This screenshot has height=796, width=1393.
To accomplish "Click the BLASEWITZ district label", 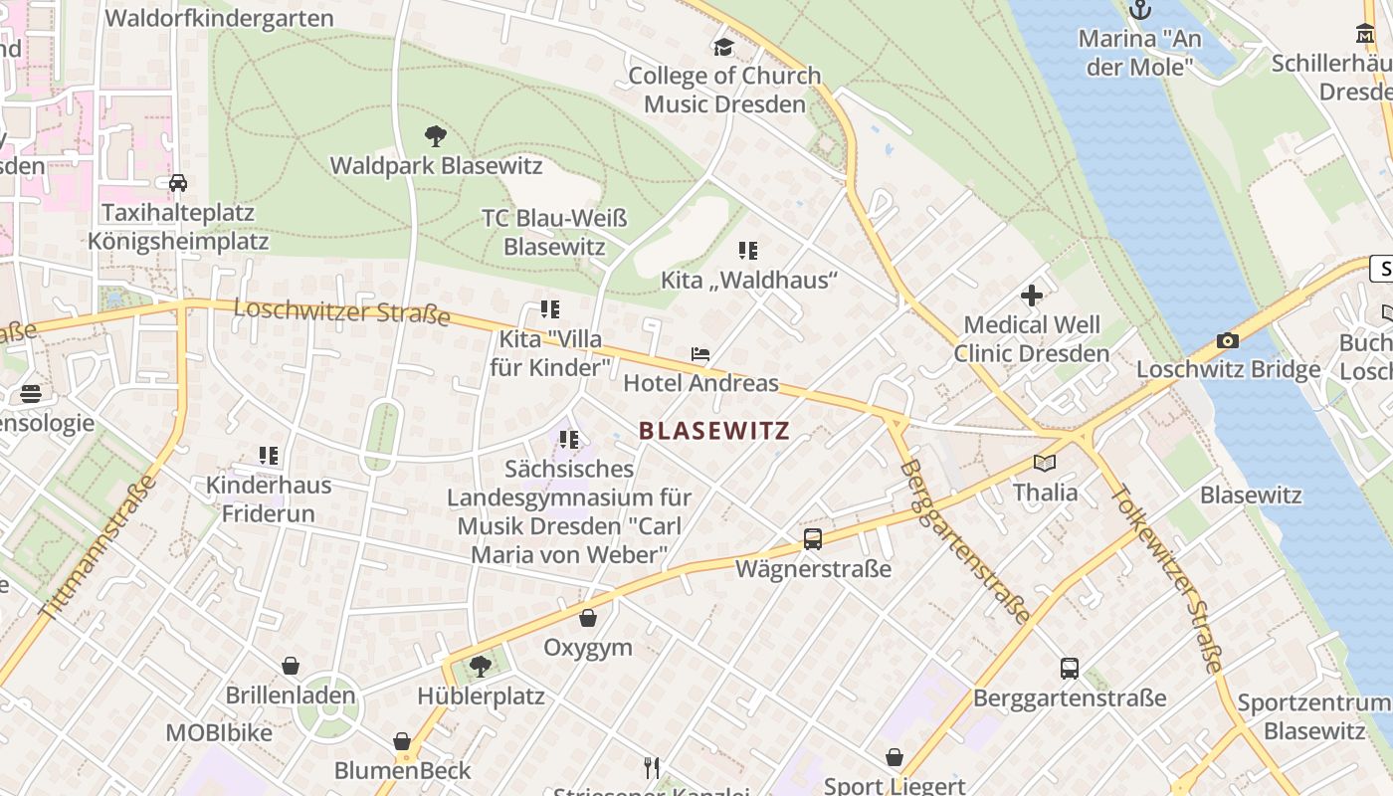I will [713, 431].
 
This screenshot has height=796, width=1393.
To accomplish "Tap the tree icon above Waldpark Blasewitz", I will [435, 136].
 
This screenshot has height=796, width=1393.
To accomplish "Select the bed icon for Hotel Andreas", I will [700, 354].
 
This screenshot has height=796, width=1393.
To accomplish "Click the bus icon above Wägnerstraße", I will [813, 539].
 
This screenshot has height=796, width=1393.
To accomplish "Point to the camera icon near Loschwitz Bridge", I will [1228, 341].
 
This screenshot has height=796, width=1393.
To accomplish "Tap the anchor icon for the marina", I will [1139, 10].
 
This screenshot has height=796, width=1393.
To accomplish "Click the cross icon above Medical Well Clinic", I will [1032, 296].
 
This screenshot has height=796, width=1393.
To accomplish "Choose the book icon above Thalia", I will [1044, 463].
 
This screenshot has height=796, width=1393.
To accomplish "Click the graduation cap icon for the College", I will [723, 47].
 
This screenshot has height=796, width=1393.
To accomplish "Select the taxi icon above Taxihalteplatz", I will [178, 183].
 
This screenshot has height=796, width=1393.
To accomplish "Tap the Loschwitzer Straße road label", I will [341, 312].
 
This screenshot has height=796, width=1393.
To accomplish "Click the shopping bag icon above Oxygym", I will [588, 619].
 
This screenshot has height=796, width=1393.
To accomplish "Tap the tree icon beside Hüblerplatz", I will [481, 666].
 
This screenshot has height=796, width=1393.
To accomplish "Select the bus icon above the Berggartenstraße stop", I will [1070, 669].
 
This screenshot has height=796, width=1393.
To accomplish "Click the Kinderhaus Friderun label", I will [268, 499].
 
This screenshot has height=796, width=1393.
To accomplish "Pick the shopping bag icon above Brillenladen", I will [291, 666].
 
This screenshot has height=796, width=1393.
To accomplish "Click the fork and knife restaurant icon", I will [652, 767].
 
